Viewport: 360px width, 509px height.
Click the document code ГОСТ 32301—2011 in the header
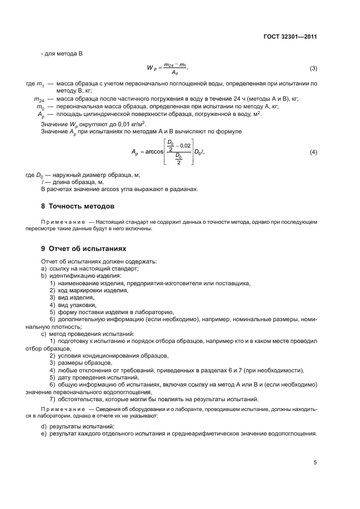289,38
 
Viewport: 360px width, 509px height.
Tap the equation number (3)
313,68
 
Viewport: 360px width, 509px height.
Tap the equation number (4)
313,151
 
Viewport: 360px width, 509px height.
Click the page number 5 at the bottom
315,462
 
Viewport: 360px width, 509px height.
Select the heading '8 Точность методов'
78,206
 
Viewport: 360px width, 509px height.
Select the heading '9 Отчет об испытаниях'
83,248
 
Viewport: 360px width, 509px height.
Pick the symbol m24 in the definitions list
38,99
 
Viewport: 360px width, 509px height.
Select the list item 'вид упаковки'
76,305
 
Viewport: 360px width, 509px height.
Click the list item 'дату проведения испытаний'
95,377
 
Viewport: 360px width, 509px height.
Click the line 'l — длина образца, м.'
73,182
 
